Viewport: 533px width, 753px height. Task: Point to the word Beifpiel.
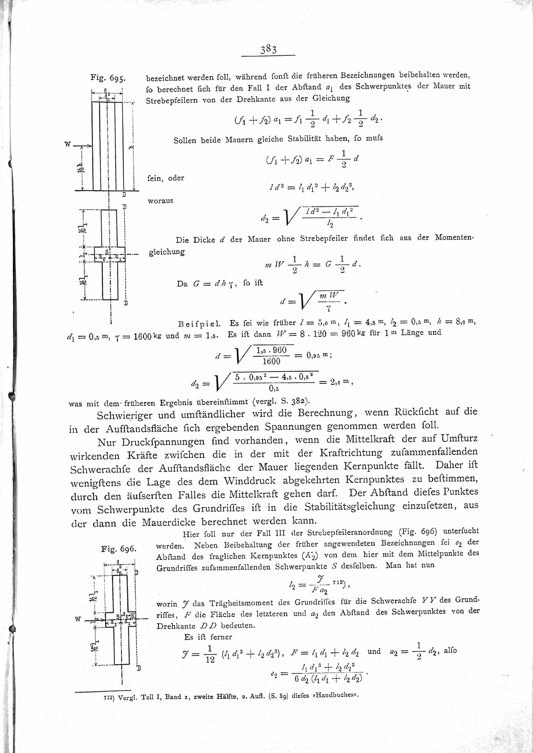coord(196,322)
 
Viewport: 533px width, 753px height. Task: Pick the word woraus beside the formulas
coord(160,201)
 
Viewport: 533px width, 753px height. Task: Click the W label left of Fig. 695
coord(68,144)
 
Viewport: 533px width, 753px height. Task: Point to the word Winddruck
coord(250,480)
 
